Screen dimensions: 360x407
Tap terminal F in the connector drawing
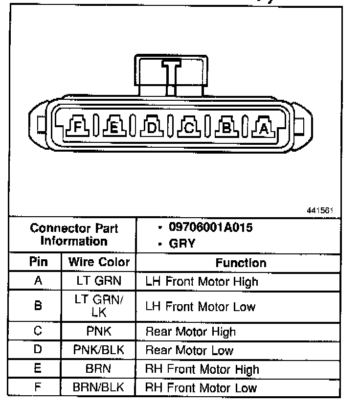(x=79, y=128)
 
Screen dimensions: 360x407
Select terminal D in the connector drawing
(x=152, y=128)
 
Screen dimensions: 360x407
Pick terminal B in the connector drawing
(x=226, y=128)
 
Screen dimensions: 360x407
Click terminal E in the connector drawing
(x=114, y=128)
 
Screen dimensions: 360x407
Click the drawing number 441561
(x=320, y=210)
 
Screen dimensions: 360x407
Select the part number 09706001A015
(x=211, y=228)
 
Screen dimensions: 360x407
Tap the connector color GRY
(x=181, y=243)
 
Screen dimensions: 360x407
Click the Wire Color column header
(x=99, y=262)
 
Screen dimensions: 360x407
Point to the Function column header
(x=241, y=263)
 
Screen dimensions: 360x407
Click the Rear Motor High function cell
(x=191, y=332)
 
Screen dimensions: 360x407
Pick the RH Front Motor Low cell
(x=201, y=388)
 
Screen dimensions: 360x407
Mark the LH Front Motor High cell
(x=202, y=282)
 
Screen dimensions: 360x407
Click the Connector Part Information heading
(x=74, y=235)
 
